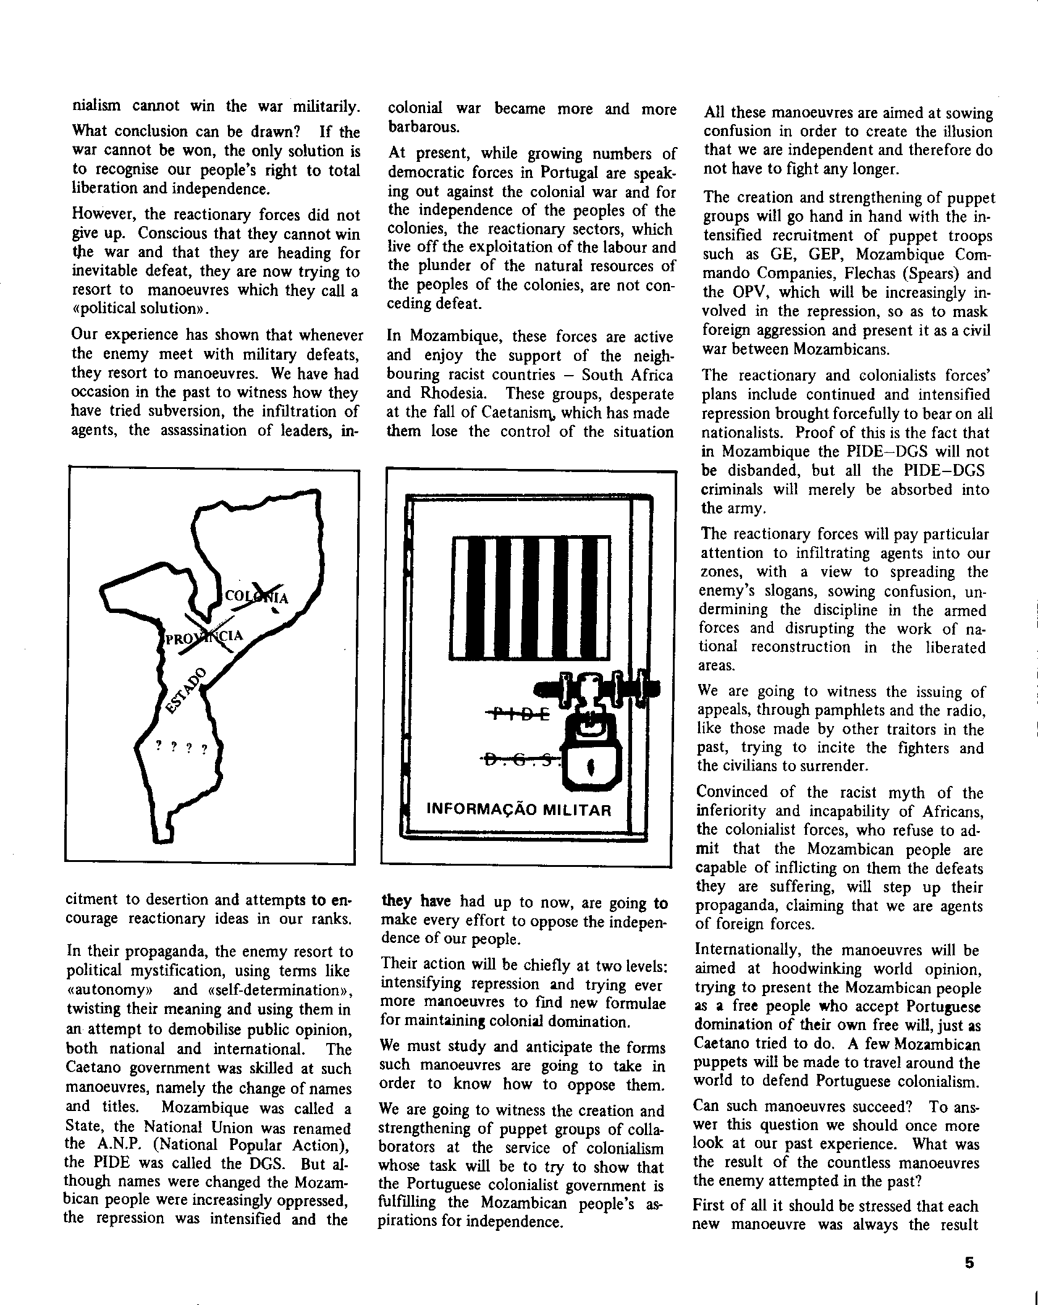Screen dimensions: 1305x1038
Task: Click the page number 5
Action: coord(969,1262)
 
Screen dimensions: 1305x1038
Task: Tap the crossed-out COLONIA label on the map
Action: coord(256,596)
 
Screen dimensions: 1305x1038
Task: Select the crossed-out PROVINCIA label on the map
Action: coord(204,638)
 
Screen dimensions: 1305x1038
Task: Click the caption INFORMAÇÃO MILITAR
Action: coord(519,809)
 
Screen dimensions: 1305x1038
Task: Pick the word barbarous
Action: coord(424,127)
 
